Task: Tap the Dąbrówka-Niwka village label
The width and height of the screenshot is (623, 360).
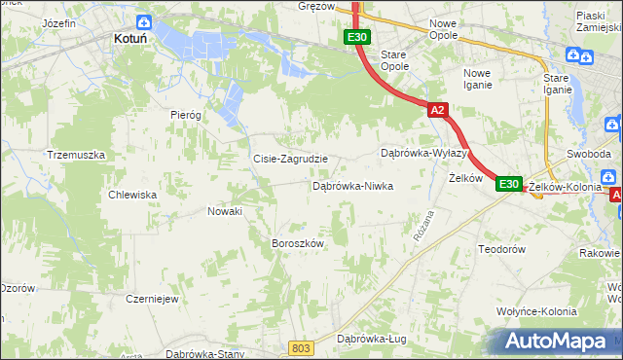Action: tap(352, 185)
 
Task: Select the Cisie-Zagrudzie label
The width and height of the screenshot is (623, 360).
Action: tap(290, 159)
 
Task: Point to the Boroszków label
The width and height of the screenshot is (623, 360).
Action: tap(297, 243)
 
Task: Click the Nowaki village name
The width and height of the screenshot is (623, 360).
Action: tap(225, 211)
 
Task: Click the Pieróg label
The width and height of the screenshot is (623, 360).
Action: tap(185, 114)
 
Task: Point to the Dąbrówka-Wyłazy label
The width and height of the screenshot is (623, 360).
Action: tap(424, 154)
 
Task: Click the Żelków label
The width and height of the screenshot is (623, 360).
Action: tap(466, 179)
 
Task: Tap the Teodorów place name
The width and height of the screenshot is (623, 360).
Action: tap(502, 249)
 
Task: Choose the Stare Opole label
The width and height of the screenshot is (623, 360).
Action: tap(394, 60)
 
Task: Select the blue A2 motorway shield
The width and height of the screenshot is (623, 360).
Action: tap(437, 110)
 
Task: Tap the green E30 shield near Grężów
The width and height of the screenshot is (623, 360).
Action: tap(355, 37)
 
